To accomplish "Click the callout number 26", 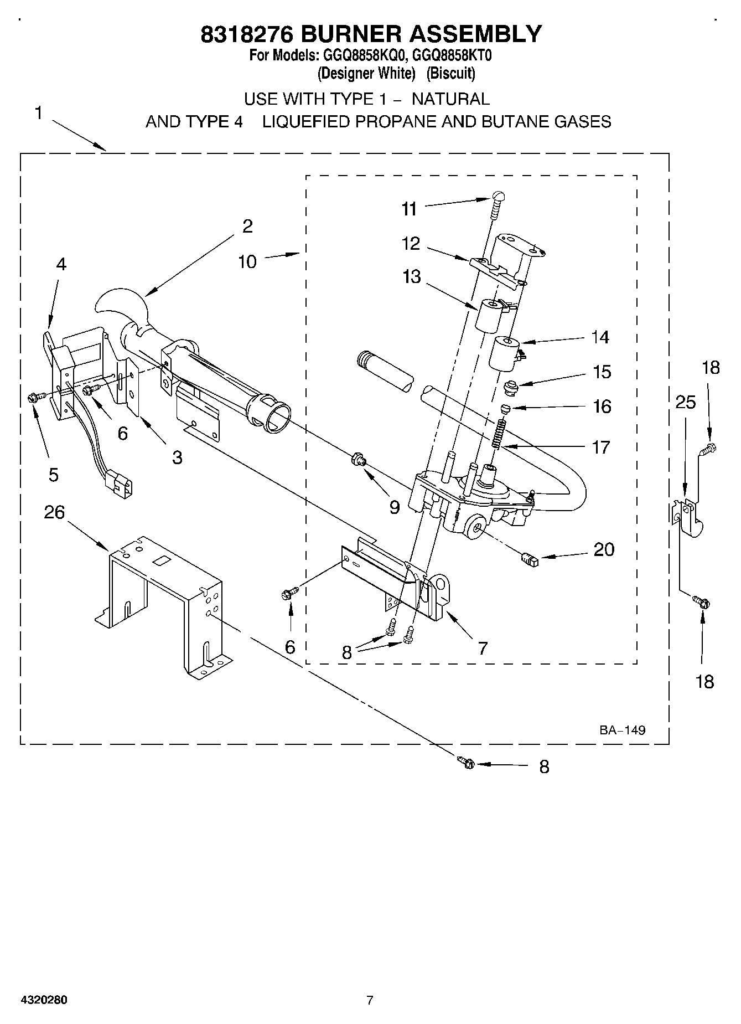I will (54, 512).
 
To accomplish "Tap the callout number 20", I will (604, 549).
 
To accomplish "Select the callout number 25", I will (685, 402).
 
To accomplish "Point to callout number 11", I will (409, 209).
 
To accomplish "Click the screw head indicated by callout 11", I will (498, 195).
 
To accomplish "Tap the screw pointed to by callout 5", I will (32, 397).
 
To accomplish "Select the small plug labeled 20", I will (530, 559).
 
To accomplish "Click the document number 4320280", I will (44, 1000).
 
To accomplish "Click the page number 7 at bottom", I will (370, 1000).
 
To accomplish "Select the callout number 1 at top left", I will (38, 113).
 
